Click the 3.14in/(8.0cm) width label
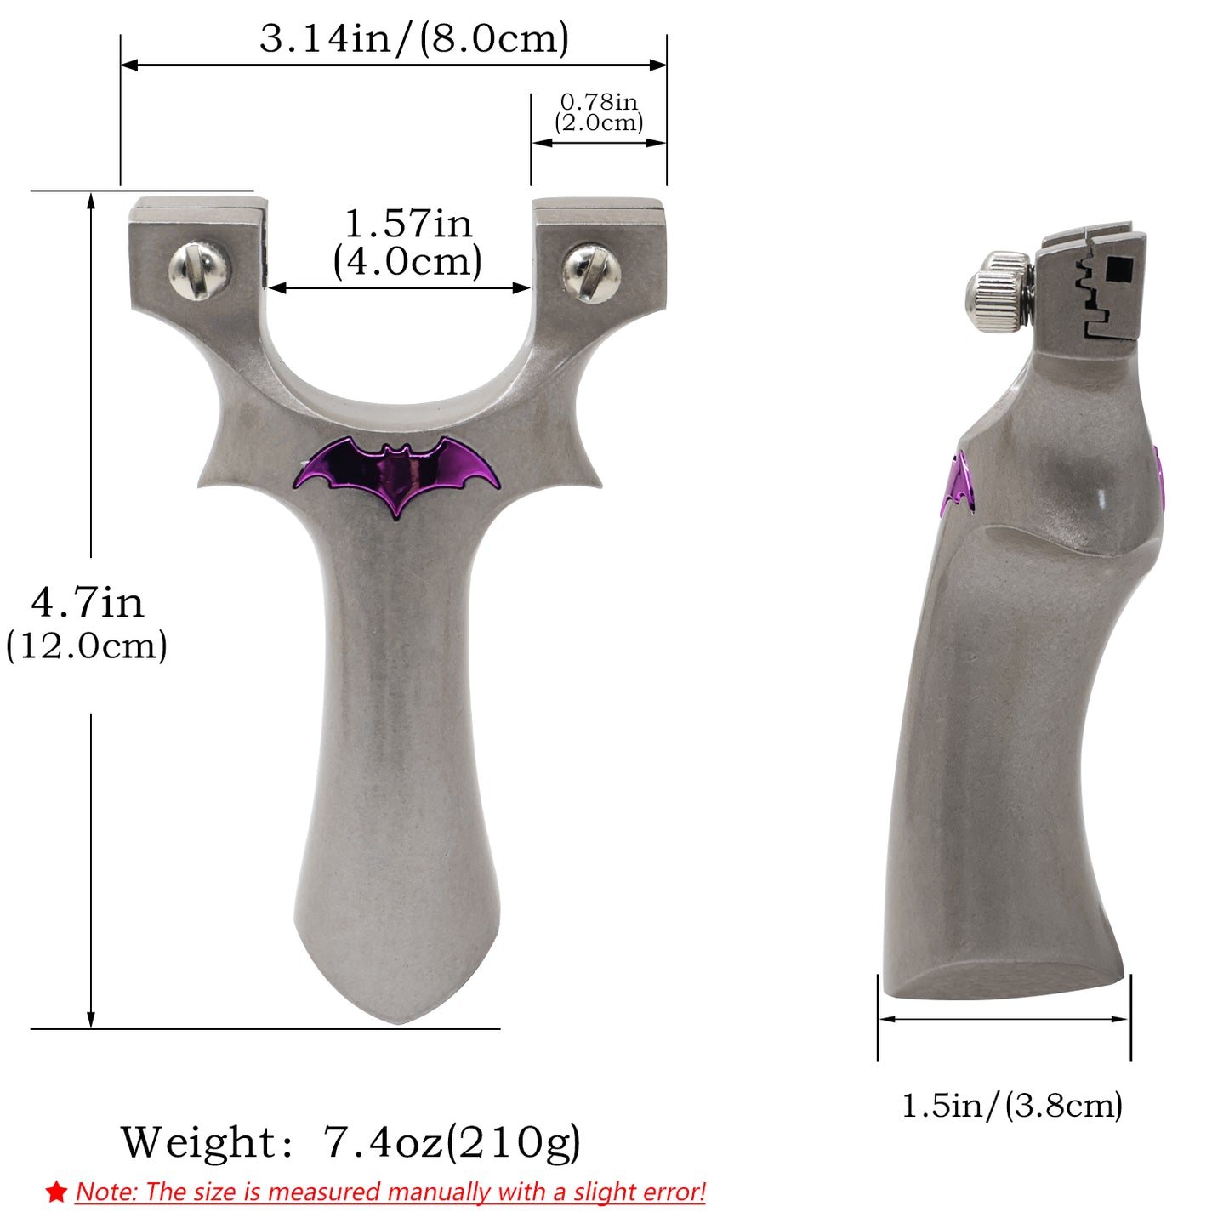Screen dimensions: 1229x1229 [x=414, y=39]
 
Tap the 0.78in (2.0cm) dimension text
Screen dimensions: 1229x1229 [x=599, y=112]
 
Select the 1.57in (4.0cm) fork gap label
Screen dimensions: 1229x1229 [x=407, y=243]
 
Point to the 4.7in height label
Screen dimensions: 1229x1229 [x=88, y=602]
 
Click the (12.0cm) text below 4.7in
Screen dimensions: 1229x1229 [x=87, y=646]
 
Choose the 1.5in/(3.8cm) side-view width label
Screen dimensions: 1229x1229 [x=1012, y=1104]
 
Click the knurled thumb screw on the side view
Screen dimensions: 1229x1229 [x=999, y=287]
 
